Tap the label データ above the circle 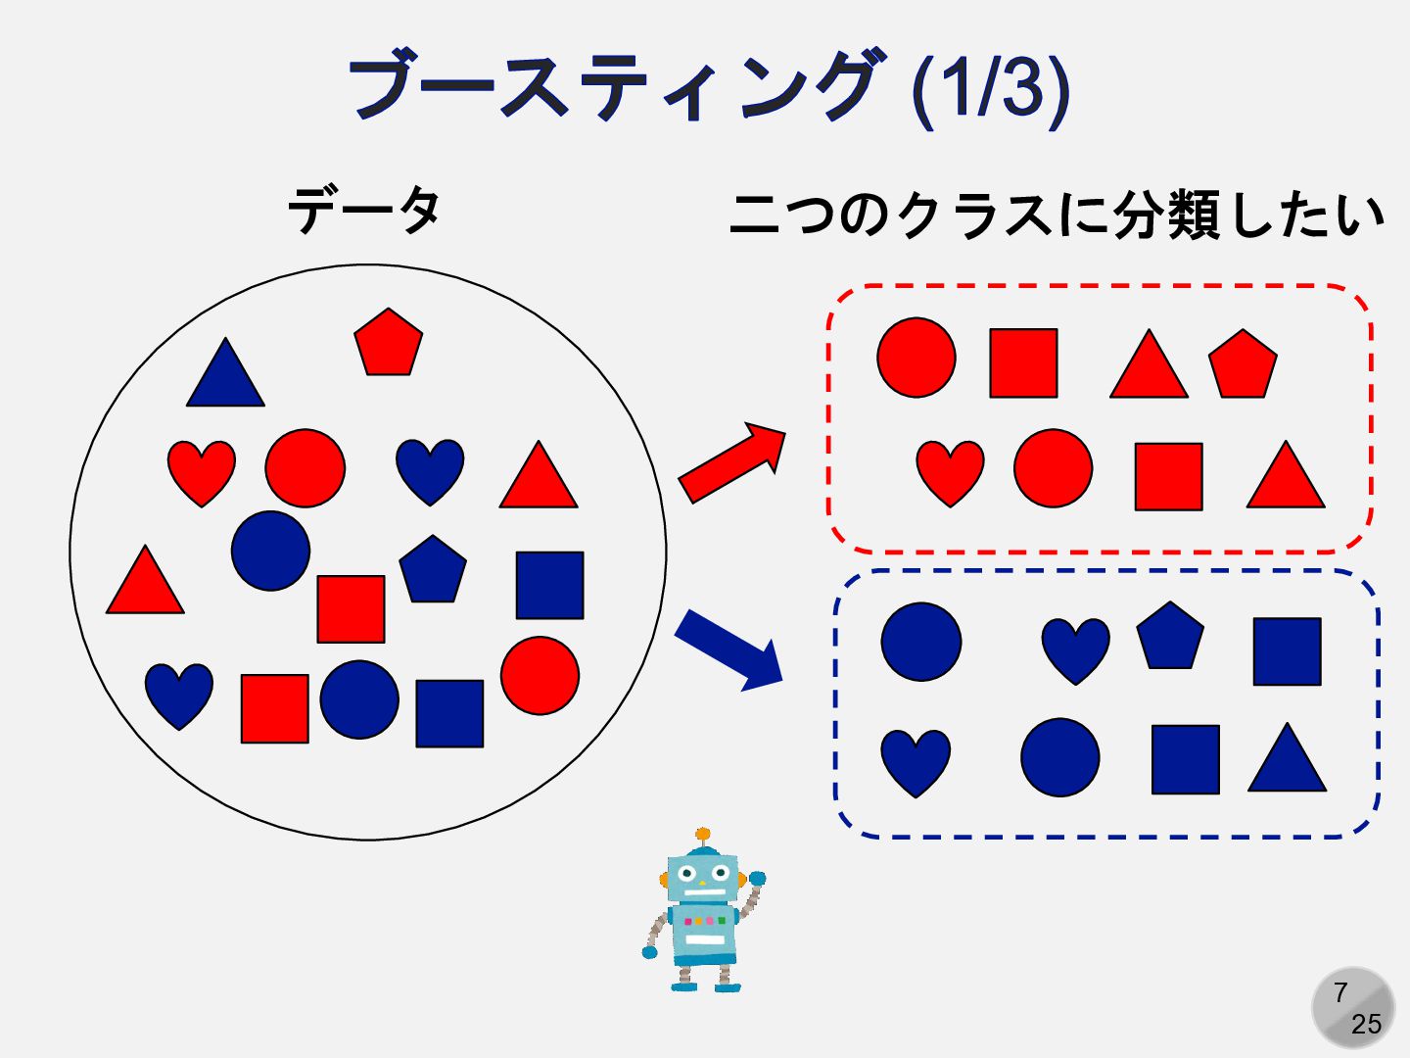(x=364, y=211)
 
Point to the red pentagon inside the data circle (x=388, y=343)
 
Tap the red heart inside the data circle (x=202, y=470)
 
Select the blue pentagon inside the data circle (x=433, y=569)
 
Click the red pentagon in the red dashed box (x=1243, y=364)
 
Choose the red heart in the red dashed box (x=950, y=471)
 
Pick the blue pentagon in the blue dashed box (x=1170, y=637)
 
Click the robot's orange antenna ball (x=702, y=835)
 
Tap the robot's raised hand (x=756, y=880)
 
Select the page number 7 (x=1340, y=993)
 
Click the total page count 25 (x=1366, y=1025)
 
